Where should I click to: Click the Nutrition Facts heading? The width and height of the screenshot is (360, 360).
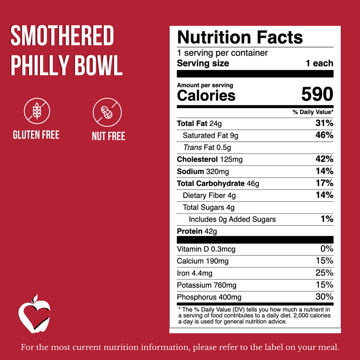tap(240, 37)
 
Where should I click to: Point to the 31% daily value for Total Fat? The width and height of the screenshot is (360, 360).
tap(324, 123)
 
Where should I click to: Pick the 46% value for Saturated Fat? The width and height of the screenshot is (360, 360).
tap(324, 135)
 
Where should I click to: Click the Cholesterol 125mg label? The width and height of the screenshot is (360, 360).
tap(210, 160)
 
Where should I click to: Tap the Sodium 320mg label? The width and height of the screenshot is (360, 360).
tap(203, 172)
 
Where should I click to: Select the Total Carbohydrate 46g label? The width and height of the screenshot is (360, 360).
tap(218, 184)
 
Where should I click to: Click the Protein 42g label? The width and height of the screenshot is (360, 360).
tap(197, 231)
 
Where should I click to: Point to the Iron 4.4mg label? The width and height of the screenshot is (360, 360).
tap(194, 273)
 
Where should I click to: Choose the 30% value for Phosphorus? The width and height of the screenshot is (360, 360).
tap(324, 297)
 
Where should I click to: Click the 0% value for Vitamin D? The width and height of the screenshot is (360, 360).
tap(326, 249)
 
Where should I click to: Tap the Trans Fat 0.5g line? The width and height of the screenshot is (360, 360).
tap(207, 147)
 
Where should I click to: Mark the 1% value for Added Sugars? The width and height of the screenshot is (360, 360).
tap(327, 219)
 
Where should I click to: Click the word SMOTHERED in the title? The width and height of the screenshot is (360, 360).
tap(62, 36)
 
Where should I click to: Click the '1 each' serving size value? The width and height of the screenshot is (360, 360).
tap(319, 64)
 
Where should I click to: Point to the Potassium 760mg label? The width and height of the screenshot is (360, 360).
tap(207, 285)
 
